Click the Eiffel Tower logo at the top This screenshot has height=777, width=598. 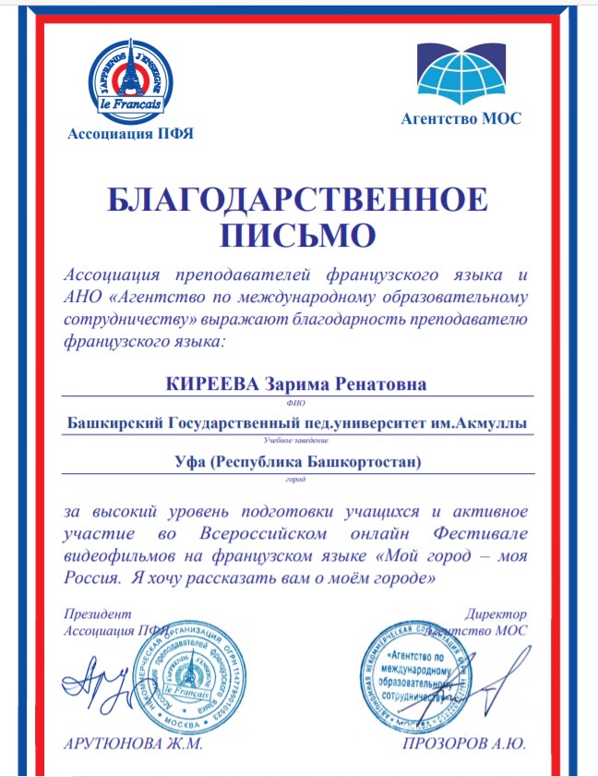point(132,81)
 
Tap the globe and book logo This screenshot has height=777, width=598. point(460,74)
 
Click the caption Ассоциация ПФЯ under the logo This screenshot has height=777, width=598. point(131,135)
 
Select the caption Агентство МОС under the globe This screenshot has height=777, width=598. point(461,117)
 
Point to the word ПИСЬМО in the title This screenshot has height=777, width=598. point(298,235)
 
